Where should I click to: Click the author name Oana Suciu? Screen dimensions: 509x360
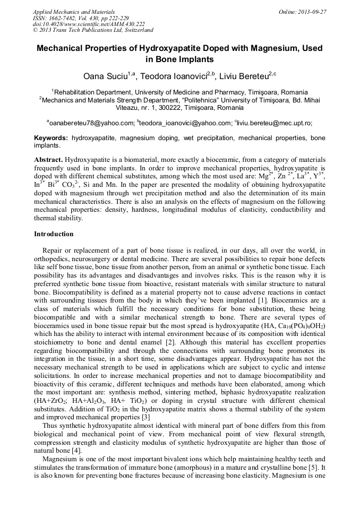click(x=106, y=76)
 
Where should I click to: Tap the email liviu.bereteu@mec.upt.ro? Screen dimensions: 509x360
click(x=276, y=123)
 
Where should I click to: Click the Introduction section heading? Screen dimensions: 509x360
click(x=54, y=234)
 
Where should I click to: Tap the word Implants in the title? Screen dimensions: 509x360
click(x=196, y=59)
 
